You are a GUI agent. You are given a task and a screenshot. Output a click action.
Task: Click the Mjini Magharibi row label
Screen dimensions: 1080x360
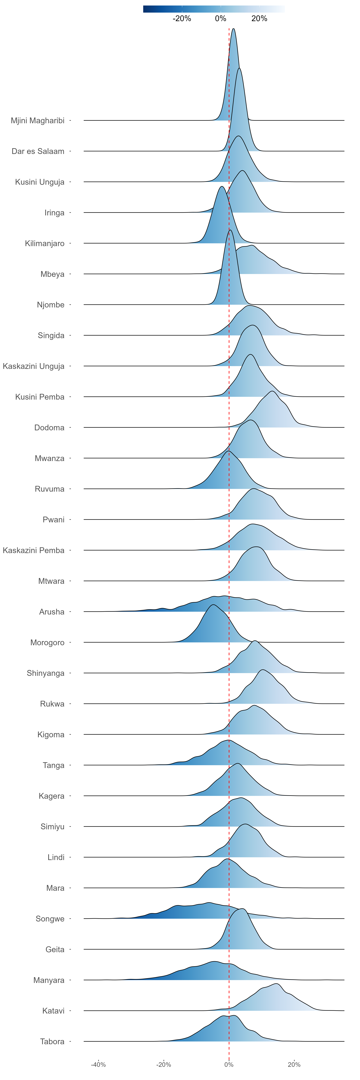[38, 121]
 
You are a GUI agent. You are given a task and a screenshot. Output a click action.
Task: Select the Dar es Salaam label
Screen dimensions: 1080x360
[38, 151]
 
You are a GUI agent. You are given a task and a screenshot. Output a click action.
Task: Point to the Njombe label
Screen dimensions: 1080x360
[51, 305]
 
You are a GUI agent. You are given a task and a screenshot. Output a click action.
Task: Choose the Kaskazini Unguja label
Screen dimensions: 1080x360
[33, 366]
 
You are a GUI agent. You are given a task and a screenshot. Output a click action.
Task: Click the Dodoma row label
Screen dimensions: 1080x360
[49, 428]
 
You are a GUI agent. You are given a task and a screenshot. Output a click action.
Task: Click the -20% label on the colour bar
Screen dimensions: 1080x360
[182, 18]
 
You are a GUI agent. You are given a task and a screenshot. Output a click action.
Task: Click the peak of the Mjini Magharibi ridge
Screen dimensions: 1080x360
[233, 29]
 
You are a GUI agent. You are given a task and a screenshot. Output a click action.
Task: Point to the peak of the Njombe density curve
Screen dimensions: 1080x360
[230, 230]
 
